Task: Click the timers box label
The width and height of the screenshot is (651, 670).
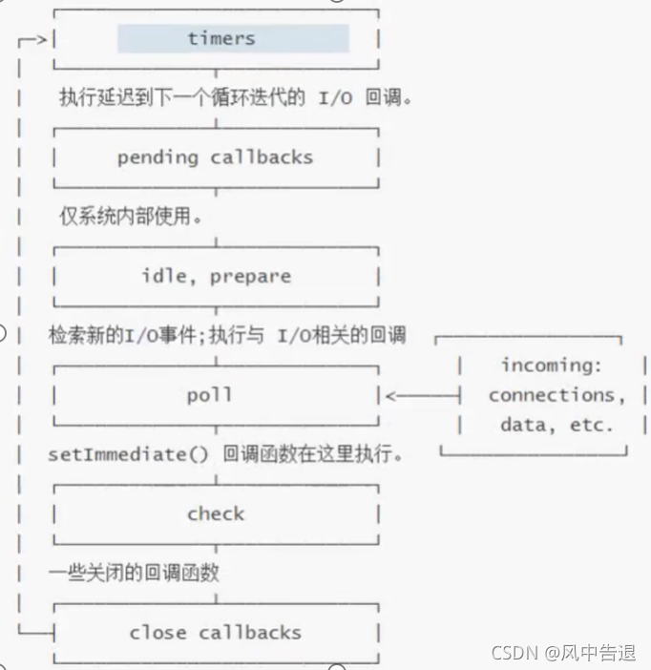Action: (221, 39)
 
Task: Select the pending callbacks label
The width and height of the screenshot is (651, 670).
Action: (215, 157)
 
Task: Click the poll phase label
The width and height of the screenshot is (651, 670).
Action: (210, 394)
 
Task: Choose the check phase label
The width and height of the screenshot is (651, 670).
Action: (216, 513)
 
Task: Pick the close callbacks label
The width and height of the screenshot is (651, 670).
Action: (215, 632)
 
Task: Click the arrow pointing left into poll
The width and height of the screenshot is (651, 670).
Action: (420, 395)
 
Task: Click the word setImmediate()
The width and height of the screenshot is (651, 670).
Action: (128, 454)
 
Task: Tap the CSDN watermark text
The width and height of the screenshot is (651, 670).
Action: (513, 653)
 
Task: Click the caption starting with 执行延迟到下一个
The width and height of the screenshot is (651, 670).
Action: (235, 97)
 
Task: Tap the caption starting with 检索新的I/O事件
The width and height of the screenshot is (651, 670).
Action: (227, 335)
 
